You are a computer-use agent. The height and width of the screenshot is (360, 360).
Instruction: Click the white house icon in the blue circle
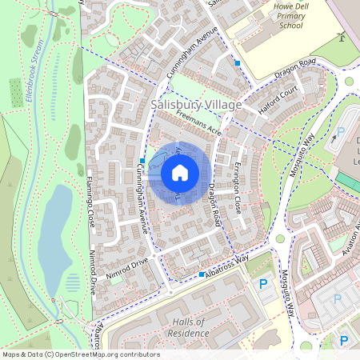pyautogui.click(x=180, y=172)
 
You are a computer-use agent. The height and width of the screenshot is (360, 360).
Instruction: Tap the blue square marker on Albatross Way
pyautogui.click(x=201, y=274)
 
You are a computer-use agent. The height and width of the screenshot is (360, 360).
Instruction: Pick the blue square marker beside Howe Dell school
pyautogui.click(x=238, y=62)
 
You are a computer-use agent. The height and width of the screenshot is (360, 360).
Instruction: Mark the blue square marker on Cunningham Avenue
pyautogui.click(x=142, y=161)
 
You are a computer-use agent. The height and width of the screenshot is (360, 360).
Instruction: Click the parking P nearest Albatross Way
pyautogui.click(x=262, y=284)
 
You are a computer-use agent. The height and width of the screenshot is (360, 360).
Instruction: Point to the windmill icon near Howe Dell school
pyautogui.click(x=342, y=35)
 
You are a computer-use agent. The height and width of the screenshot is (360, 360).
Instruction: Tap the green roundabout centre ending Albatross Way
pyautogui.click(x=280, y=238)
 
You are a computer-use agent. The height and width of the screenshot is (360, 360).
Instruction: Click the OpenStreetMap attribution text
pyautogui.click(x=81, y=354)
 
